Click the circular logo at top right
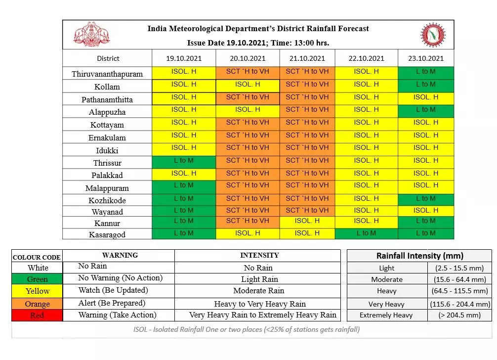pyautogui.click(x=433, y=35)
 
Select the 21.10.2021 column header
pyautogui.click(x=307, y=58)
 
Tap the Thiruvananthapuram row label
pyautogui.click(x=107, y=74)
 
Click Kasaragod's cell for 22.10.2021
pyautogui.click(x=366, y=233)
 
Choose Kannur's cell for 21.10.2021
pyautogui.click(x=307, y=221)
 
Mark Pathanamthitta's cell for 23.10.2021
pyautogui.click(x=425, y=97)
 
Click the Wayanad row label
pyautogui.click(x=107, y=212)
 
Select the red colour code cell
pyautogui.click(x=38, y=315)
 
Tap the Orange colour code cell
pyautogui.click(x=38, y=303)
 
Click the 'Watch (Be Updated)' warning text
pyautogui.click(x=113, y=290)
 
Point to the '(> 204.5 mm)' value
pyautogui.click(x=459, y=315)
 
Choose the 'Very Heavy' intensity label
pyautogui.click(x=386, y=304)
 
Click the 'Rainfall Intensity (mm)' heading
pyautogui.click(x=419, y=256)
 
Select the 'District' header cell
pyautogui.click(x=108, y=58)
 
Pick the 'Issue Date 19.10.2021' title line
pyautogui.click(x=258, y=43)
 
